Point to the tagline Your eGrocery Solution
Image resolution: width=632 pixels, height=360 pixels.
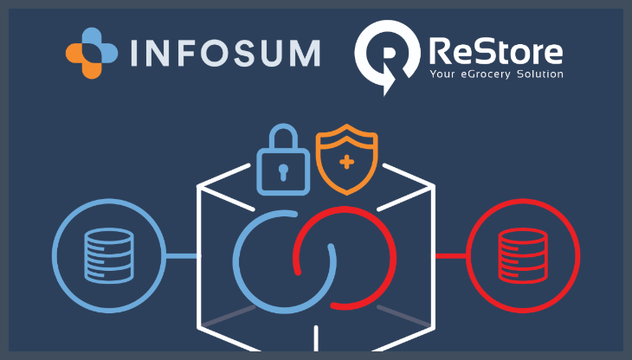click(x=497, y=75)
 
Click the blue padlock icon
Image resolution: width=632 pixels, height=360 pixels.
click(x=282, y=159)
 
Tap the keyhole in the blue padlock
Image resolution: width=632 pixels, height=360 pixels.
click(x=282, y=170)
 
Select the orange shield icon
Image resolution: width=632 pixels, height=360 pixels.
click(x=346, y=159)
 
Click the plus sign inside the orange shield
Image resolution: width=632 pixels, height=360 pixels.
click(x=346, y=161)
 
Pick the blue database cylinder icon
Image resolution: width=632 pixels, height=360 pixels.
click(x=108, y=256)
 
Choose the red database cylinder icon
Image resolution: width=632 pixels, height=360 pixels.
click(x=523, y=256)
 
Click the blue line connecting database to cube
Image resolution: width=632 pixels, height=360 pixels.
click(x=182, y=256)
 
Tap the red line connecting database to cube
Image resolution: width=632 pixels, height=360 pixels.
click(x=449, y=256)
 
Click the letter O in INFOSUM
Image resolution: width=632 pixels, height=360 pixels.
click(x=221, y=53)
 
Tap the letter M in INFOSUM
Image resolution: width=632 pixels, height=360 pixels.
click(x=304, y=53)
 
